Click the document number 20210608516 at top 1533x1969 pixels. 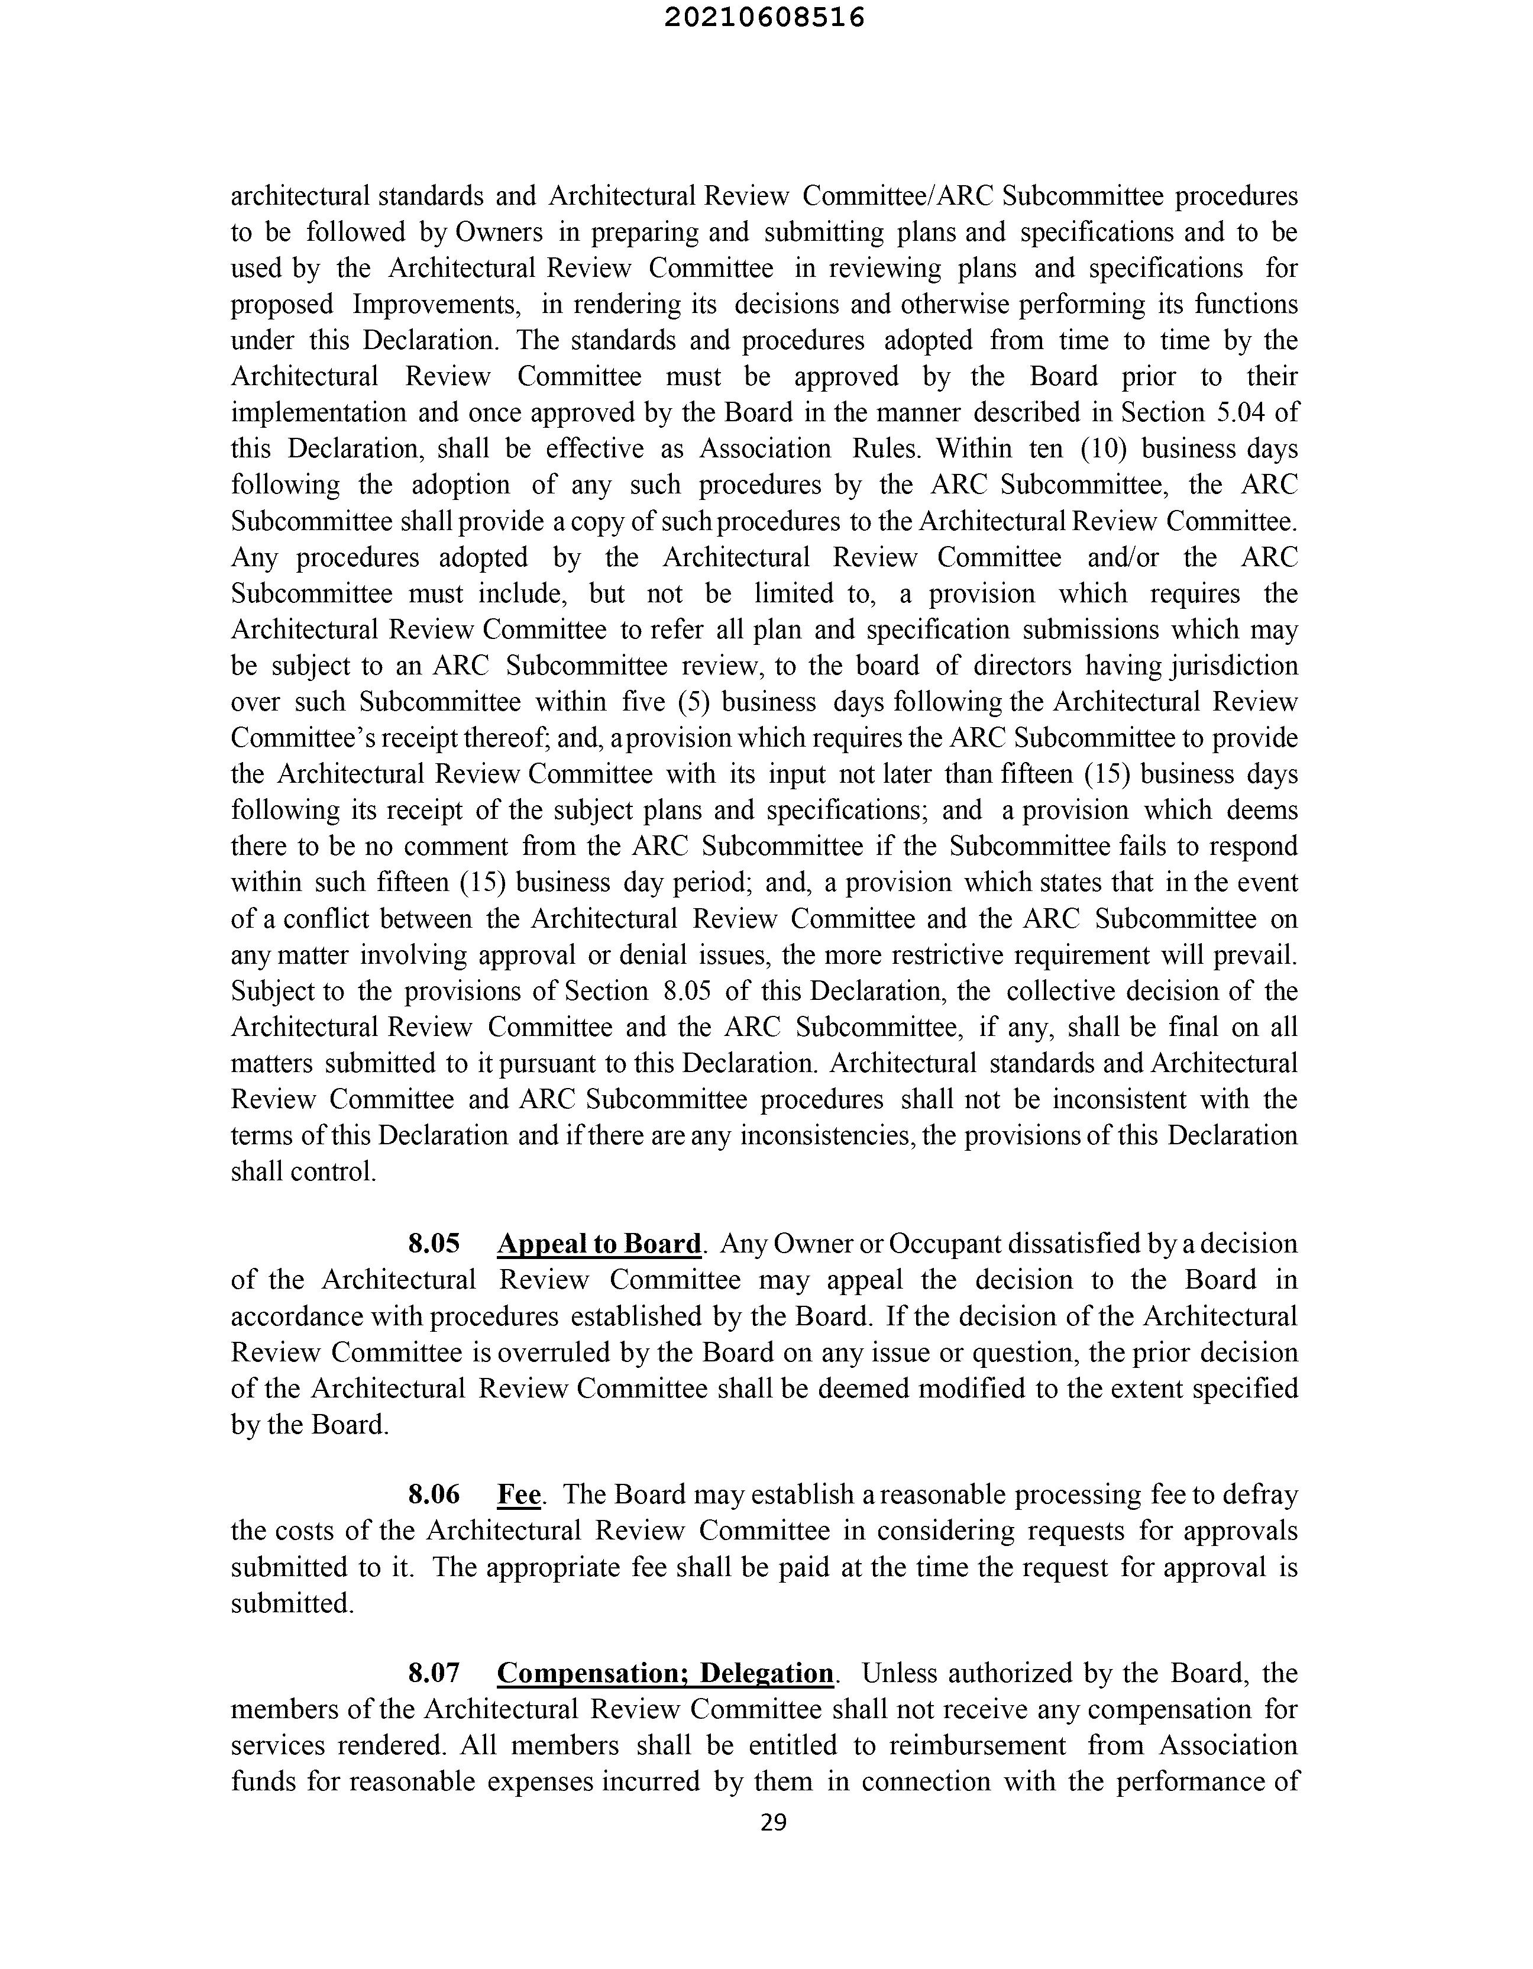pos(764,18)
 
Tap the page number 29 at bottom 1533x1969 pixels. pos(773,1822)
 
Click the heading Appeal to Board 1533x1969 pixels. pos(599,1244)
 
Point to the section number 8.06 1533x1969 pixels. pos(434,1494)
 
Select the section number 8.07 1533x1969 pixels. pos(434,1673)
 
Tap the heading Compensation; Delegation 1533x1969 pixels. pos(666,1673)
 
